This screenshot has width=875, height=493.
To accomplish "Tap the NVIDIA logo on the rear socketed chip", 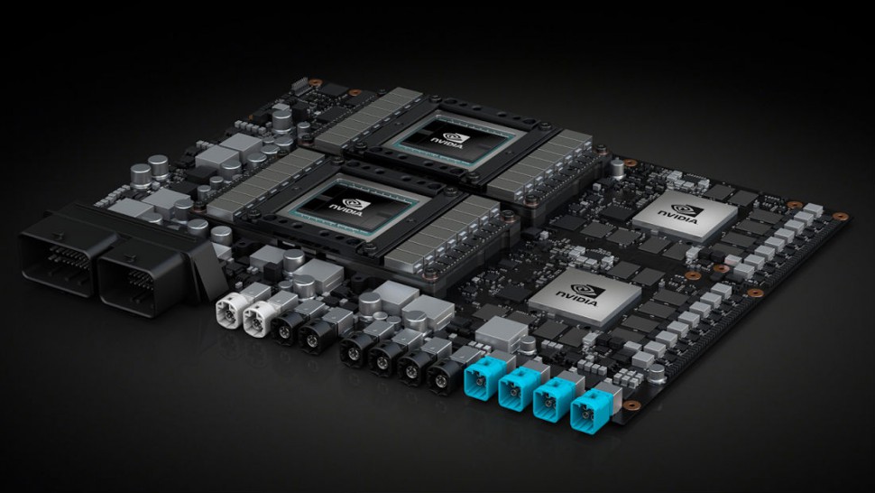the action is click(x=450, y=140).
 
